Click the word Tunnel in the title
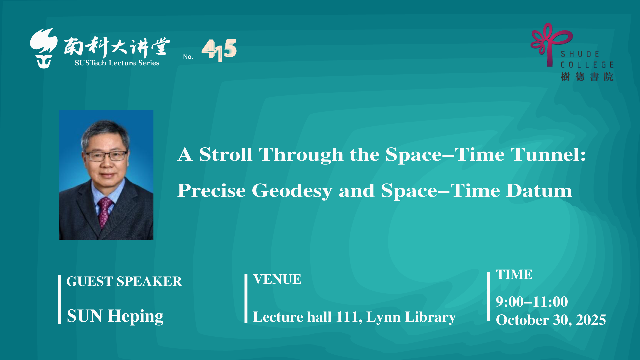tap(548, 154)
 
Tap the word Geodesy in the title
tap(292, 191)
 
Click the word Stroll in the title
tap(226, 154)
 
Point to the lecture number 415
tap(219, 50)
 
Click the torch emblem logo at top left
tap(44, 48)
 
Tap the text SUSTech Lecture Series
tap(117, 63)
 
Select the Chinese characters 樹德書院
tap(587, 77)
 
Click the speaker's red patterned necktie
tap(105, 212)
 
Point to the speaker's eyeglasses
tap(106, 156)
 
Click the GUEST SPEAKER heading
tap(124, 281)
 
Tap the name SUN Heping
tap(115, 316)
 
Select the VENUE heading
tap(277, 279)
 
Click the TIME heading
tap(514, 275)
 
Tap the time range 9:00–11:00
tap(532, 302)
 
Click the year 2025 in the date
tap(591, 320)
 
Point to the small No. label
tap(188, 57)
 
